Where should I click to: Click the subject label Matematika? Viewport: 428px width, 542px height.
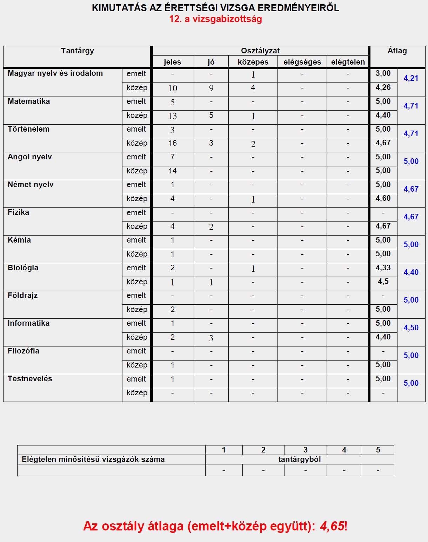pyautogui.click(x=29, y=101)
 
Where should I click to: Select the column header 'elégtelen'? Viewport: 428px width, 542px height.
pyautogui.click(x=348, y=62)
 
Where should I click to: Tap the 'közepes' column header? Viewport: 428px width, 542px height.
pyautogui.click(x=253, y=62)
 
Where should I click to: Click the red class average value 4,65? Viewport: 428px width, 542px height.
pyautogui.click(x=332, y=526)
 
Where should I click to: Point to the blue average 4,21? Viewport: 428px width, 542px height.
pyautogui.click(x=411, y=78)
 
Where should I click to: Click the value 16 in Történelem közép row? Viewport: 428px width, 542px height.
pyautogui.click(x=173, y=143)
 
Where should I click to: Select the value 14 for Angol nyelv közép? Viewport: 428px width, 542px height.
pyautogui.click(x=173, y=171)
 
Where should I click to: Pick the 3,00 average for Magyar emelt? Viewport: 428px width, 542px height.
pyautogui.click(x=383, y=73)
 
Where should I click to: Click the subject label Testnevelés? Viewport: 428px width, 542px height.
pyautogui.click(x=30, y=379)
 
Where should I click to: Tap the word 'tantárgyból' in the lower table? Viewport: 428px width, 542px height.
pyautogui.click(x=299, y=460)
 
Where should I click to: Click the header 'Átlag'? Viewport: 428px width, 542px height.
pyautogui.click(x=397, y=51)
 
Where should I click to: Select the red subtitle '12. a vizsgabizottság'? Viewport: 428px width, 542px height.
pyautogui.click(x=215, y=19)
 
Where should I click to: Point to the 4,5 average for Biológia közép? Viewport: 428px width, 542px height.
pyautogui.click(x=383, y=282)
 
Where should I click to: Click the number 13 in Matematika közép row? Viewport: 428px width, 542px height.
pyautogui.click(x=173, y=116)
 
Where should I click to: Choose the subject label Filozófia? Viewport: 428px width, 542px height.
pyautogui.click(x=24, y=351)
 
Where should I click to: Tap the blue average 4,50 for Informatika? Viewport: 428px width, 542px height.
pyautogui.click(x=411, y=328)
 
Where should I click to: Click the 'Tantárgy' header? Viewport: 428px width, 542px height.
pyautogui.click(x=78, y=51)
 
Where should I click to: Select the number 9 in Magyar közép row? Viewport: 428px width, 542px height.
pyautogui.click(x=211, y=88)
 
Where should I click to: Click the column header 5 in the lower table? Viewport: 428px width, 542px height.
pyautogui.click(x=378, y=450)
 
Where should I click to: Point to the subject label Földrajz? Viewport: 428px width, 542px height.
pyautogui.click(x=22, y=296)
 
